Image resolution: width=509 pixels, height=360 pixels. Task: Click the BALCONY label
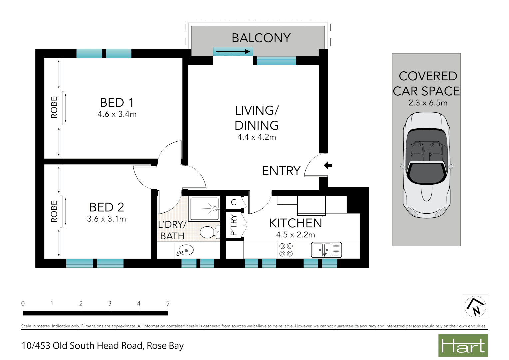pyautogui.click(x=261, y=38)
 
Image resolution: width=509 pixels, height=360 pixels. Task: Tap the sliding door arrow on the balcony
pyautogui.click(x=233, y=52)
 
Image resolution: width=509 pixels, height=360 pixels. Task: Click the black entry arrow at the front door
pyautogui.click(x=328, y=165)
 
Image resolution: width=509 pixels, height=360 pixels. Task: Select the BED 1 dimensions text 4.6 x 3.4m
pyautogui.click(x=117, y=114)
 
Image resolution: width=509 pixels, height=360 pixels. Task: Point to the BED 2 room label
pyautogui.click(x=107, y=207)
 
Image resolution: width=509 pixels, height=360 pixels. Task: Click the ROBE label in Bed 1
pyautogui.click(x=54, y=107)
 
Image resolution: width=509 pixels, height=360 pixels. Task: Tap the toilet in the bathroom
pyautogui.click(x=209, y=232)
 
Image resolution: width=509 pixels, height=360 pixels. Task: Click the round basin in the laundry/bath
pyautogui.click(x=185, y=250)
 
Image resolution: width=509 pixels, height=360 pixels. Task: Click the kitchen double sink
pyautogui.click(x=326, y=250)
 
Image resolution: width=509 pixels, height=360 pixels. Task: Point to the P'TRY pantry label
pyautogui.click(x=234, y=225)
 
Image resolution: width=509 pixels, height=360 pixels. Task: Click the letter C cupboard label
pyautogui.click(x=234, y=202)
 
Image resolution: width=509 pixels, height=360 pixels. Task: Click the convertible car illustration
pyautogui.click(x=426, y=165)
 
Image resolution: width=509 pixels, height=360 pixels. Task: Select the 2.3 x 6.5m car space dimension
pyautogui.click(x=428, y=103)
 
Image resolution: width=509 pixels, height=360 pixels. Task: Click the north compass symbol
pyautogui.click(x=475, y=307)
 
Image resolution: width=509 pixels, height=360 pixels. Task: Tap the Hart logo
pyautogui.click(x=463, y=346)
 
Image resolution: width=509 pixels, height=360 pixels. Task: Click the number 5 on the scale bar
pyautogui.click(x=168, y=303)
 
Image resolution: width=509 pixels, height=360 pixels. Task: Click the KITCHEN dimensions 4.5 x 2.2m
pyautogui.click(x=295, y=235)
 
